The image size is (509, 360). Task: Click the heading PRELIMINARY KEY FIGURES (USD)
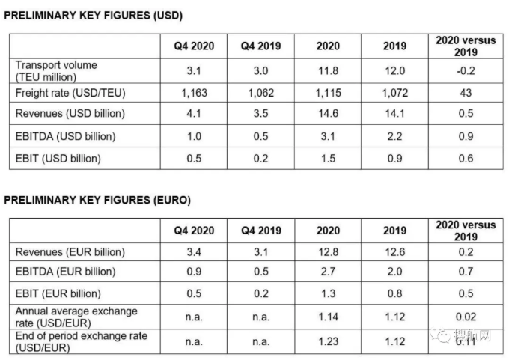(94, 16)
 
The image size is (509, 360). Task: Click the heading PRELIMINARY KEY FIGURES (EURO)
(97, 201)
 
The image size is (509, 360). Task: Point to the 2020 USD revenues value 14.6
(328, 115)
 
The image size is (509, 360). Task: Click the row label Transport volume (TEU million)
(56, 71)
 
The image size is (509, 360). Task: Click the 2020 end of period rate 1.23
(328, 341)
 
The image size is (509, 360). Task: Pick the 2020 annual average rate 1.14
(328, 317)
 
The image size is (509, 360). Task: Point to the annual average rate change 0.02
(466, 317)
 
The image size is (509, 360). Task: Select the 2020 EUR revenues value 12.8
(328, 252)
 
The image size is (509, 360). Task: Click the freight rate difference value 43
(466, 94)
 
